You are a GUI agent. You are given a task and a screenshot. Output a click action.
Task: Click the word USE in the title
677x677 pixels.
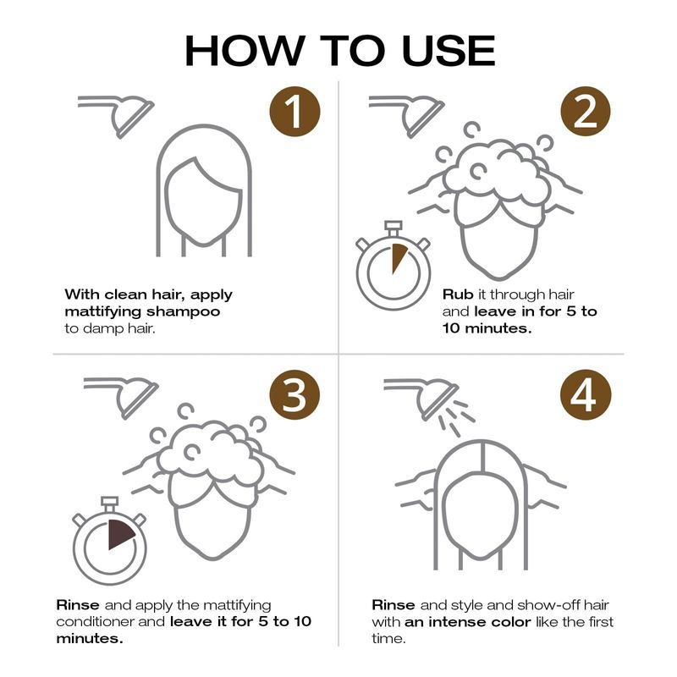click(449, 51)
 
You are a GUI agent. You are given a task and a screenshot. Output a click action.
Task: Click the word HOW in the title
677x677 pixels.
click(245, 51)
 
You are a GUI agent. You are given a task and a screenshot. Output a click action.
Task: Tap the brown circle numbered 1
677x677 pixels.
click(294, 112)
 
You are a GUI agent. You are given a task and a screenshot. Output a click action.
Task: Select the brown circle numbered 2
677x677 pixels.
click(586, 112)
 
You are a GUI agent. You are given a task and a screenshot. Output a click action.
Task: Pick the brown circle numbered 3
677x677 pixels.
click(294, 395)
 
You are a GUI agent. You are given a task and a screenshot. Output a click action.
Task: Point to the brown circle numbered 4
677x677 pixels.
click(586, 395)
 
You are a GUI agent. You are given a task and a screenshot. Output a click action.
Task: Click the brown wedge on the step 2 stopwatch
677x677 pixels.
click(398, 258)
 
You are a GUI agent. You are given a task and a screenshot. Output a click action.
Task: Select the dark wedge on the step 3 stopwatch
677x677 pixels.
click(119, 534)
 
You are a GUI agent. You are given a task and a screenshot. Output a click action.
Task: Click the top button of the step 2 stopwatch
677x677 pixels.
click(393, 228)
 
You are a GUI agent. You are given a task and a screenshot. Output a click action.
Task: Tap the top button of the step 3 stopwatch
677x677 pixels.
click(109, 504)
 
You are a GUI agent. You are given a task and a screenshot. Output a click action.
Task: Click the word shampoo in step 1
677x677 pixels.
click(183, 312)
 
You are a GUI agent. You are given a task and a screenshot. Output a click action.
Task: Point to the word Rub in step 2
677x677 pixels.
click(458, 294)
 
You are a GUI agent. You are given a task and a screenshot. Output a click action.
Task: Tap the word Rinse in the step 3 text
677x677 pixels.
click(78, 605)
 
